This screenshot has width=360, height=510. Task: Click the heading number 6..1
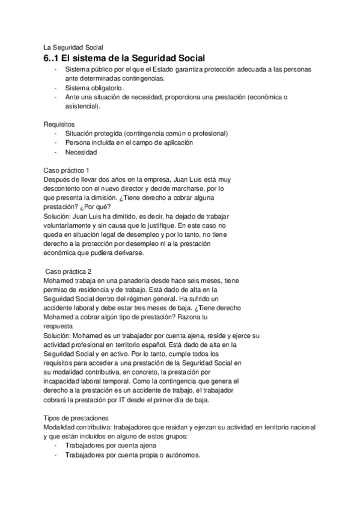click(x=52, y=58)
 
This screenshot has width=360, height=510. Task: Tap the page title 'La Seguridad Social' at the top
click(x=73, y=47)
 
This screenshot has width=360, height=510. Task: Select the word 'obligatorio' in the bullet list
click(x=104, y=88)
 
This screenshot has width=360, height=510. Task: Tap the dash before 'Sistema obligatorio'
click(x=56, y=88)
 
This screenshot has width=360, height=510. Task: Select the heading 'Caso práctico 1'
click(x=67, y=170)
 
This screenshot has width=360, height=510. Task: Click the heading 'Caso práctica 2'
click(x=69, y=271)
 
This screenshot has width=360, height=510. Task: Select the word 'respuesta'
click(x=59, y=325)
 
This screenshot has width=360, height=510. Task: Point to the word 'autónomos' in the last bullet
click(x=180, y=455)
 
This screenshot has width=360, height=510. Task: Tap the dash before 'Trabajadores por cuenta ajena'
click(x=56, y=446)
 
